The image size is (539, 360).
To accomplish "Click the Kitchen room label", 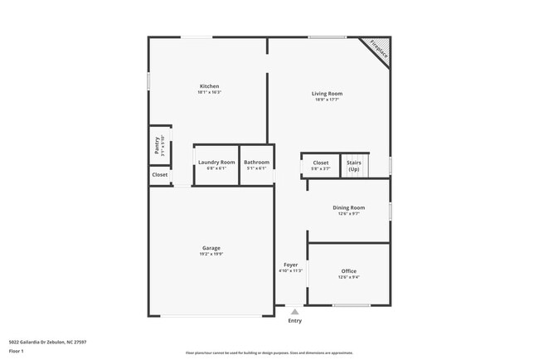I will tap(209, 86).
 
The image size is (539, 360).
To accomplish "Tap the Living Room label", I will tap(327, 94).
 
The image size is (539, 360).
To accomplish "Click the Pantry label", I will tap(158, 146).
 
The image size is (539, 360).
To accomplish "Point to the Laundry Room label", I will tap(216, 163).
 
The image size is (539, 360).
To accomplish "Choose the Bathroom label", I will tap(256, 163).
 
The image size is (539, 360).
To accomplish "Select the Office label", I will tap(348, 271).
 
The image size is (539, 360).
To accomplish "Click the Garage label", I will tap(211, 248).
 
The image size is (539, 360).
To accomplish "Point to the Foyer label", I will tap(290, 265).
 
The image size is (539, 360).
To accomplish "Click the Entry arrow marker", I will tap(294, 312).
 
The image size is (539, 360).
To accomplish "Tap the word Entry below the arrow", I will tap(294, 321).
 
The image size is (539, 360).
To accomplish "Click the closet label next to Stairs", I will tap(320, 163).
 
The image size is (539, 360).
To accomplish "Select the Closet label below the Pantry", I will tap(159, 175).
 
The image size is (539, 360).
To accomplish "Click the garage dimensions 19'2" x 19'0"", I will tap(211, 254).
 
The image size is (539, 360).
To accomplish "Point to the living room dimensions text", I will tap(327, 100).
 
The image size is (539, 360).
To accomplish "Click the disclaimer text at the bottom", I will tap(269, 352).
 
